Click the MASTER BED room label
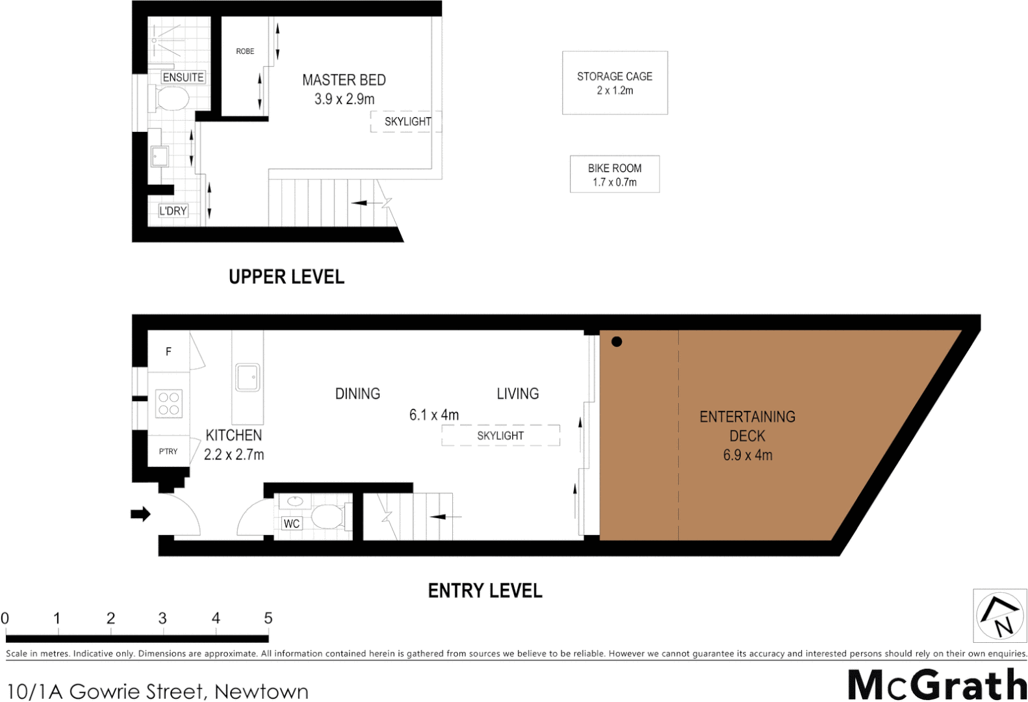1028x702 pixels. point(344,80)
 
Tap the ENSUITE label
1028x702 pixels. point(183,77)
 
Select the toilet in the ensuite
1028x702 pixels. point(172,99)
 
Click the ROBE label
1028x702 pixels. point(245,51)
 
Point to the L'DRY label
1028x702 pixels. point(173,211)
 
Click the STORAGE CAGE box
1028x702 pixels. point(615,83)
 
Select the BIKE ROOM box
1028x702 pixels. point(615,174)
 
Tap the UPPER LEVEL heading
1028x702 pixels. point(287,277)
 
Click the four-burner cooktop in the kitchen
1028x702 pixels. point(169,403)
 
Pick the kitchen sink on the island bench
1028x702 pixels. point(248,377)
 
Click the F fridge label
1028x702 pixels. point(168,352)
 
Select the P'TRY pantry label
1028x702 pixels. point(168,451)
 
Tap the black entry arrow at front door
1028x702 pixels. point(140,514)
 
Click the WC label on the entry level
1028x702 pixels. point(292,523)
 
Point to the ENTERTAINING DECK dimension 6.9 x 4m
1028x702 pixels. point(748,455)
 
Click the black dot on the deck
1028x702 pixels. point(617,342)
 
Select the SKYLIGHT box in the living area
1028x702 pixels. point(500,435)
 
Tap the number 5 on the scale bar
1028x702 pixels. point(268,618)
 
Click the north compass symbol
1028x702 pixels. point(999,615)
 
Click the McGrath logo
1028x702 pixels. point(936,684)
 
